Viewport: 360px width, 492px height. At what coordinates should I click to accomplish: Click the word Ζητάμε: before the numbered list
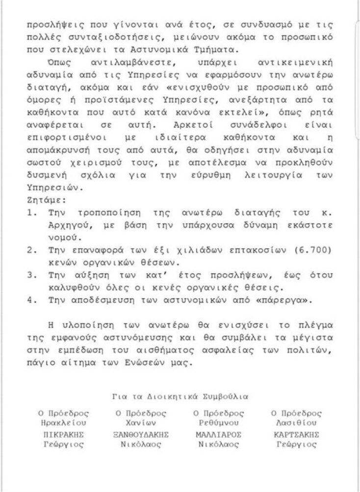pyautogui.click(x=43, y=200)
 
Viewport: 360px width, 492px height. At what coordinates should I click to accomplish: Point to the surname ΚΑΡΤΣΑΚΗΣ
pyautogui.click(x=298, y=435)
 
